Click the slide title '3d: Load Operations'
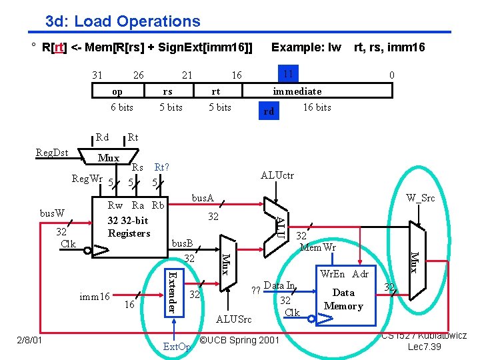tap(123, 21)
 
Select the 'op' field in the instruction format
tap(117, 91)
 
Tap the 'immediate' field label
tap(297, 91)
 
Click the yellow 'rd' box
tap(269, 111)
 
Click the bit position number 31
tap(97, 75)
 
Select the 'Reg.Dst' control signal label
tap(51, 153)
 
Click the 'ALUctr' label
tap(277, 175)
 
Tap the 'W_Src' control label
tap(421, 197)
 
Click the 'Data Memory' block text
tap(343, 299)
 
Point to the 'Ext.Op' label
tap(177, 347)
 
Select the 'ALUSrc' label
tap(233, 319)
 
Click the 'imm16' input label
tap(95, 296)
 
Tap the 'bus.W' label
tap(53, 213)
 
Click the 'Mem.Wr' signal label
tap(318, 247)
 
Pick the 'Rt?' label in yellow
tap(161, 167)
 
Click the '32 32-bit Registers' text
tap(129, 227)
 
